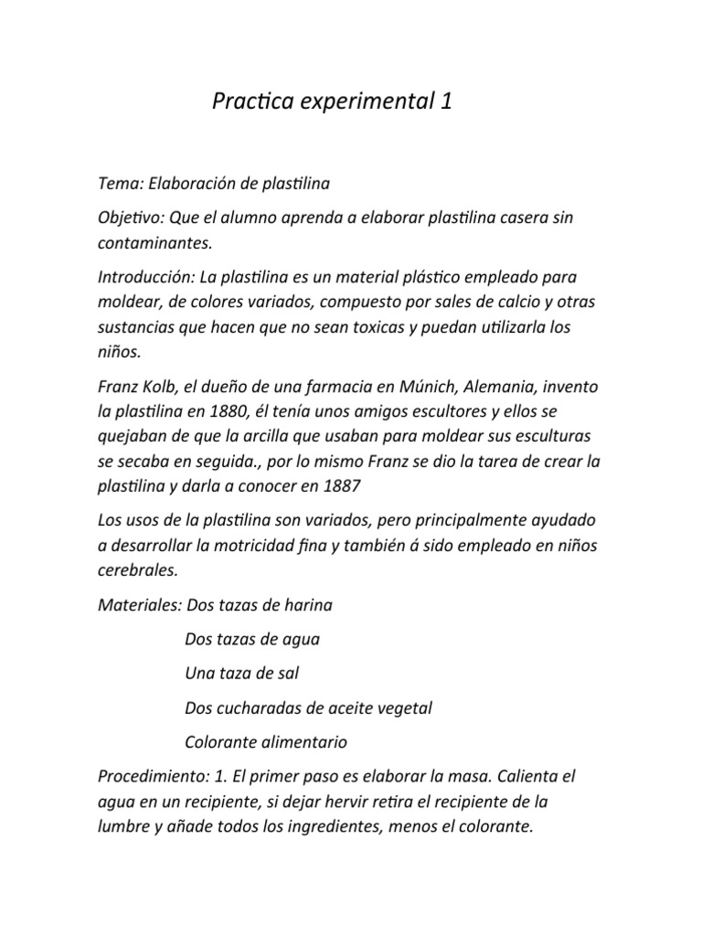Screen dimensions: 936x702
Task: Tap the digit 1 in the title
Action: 446,102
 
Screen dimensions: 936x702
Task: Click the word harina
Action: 308,604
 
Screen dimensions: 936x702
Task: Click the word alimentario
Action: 303,742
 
